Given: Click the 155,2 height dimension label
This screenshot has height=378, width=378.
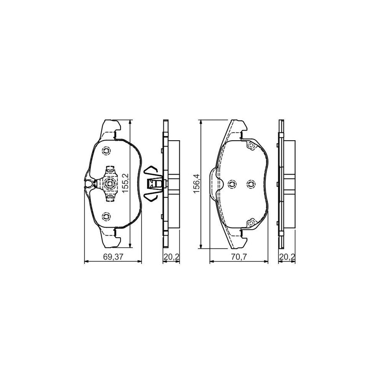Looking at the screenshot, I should tap(124, 183).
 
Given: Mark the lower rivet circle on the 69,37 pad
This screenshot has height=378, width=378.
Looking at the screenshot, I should tap(106, 217).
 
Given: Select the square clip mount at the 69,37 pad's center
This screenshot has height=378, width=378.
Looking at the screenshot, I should tap(110, 183).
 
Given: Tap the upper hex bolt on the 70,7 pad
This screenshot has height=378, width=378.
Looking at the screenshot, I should tap(251, 146).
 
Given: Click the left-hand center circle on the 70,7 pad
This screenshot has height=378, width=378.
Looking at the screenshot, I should tap(232, 184).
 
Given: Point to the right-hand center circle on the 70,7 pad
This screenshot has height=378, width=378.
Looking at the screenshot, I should tap(251, 184).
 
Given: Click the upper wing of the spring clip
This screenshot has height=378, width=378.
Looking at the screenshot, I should tap(150, 170).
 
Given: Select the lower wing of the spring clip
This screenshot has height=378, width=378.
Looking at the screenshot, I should tap(150, 196).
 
